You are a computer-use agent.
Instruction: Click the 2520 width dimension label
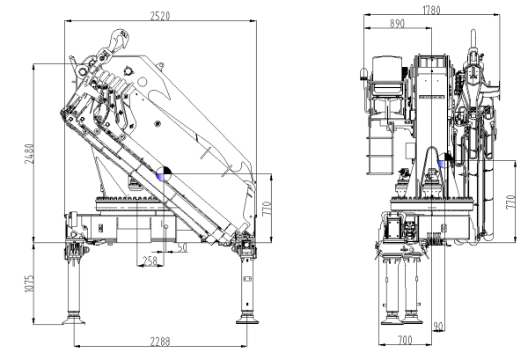(x=160, y=16)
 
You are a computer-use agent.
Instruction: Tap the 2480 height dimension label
(x=29, y=154)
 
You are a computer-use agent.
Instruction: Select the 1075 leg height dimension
(x=29, y=283)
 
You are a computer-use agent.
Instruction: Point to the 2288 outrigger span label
(x=160, y=342)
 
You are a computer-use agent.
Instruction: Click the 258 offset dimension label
(x=150, y=261)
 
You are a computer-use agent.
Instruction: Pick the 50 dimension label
(x=182, y=247)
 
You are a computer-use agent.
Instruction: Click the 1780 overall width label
(x=431, y=10)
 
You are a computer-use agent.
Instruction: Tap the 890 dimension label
(x=398, y=24)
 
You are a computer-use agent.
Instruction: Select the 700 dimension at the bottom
(x=405, y=340)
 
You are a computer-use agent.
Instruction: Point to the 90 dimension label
(x=438, y=326)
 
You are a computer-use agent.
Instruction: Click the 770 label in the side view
(x=267, y=209)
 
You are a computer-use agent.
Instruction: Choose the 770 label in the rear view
(x=510, y=202)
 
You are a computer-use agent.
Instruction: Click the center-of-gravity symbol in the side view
(x=164, y=173)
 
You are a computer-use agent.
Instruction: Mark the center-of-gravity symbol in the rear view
(x=444, y=160)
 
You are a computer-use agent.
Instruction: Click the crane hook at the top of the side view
(x=118, y=40)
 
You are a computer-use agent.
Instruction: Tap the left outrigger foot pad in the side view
(x=74, y=319)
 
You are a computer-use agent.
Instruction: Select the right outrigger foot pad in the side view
(x=247, y=319)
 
